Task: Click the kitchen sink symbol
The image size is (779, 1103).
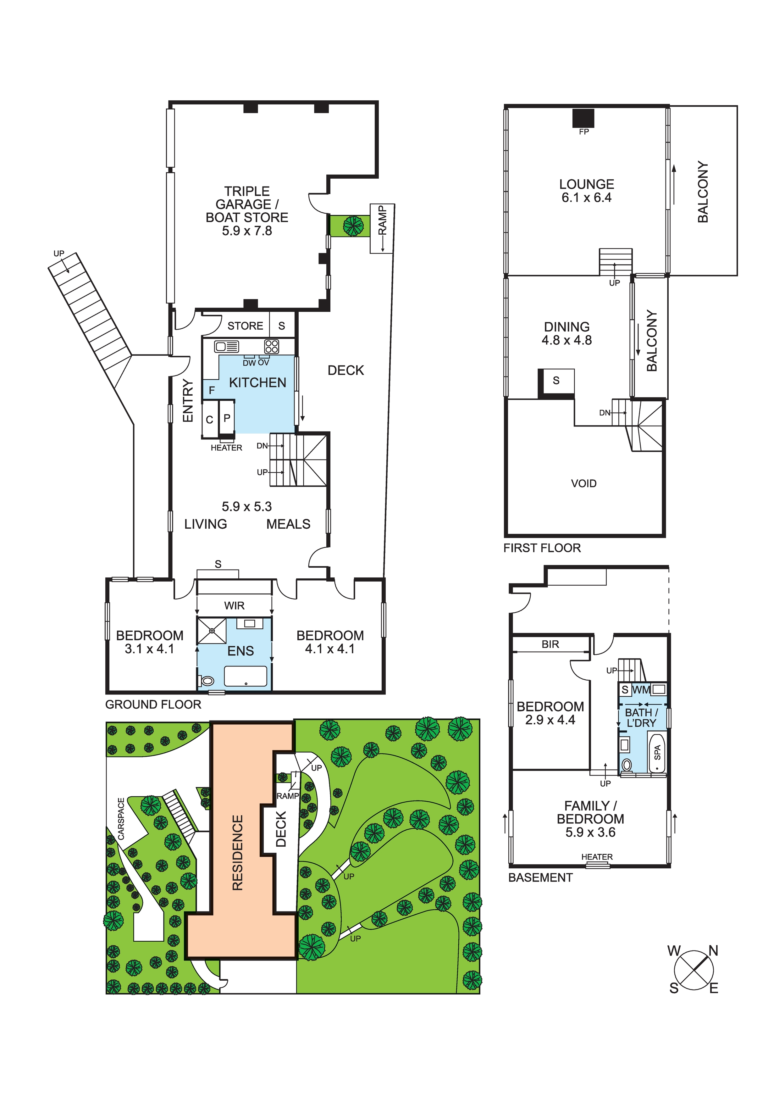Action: pyautogui.click(x=226, y=346)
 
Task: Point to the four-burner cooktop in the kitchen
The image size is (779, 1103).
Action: pyautogui.click(x=271, y=346)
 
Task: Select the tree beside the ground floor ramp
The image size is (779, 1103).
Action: pyautogui.click(x=353, y=225)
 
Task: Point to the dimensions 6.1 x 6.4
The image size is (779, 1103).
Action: pyautogui.click(x=586, y=198)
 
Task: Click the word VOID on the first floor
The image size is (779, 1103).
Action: pyautogui.click(x=583, y=483)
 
